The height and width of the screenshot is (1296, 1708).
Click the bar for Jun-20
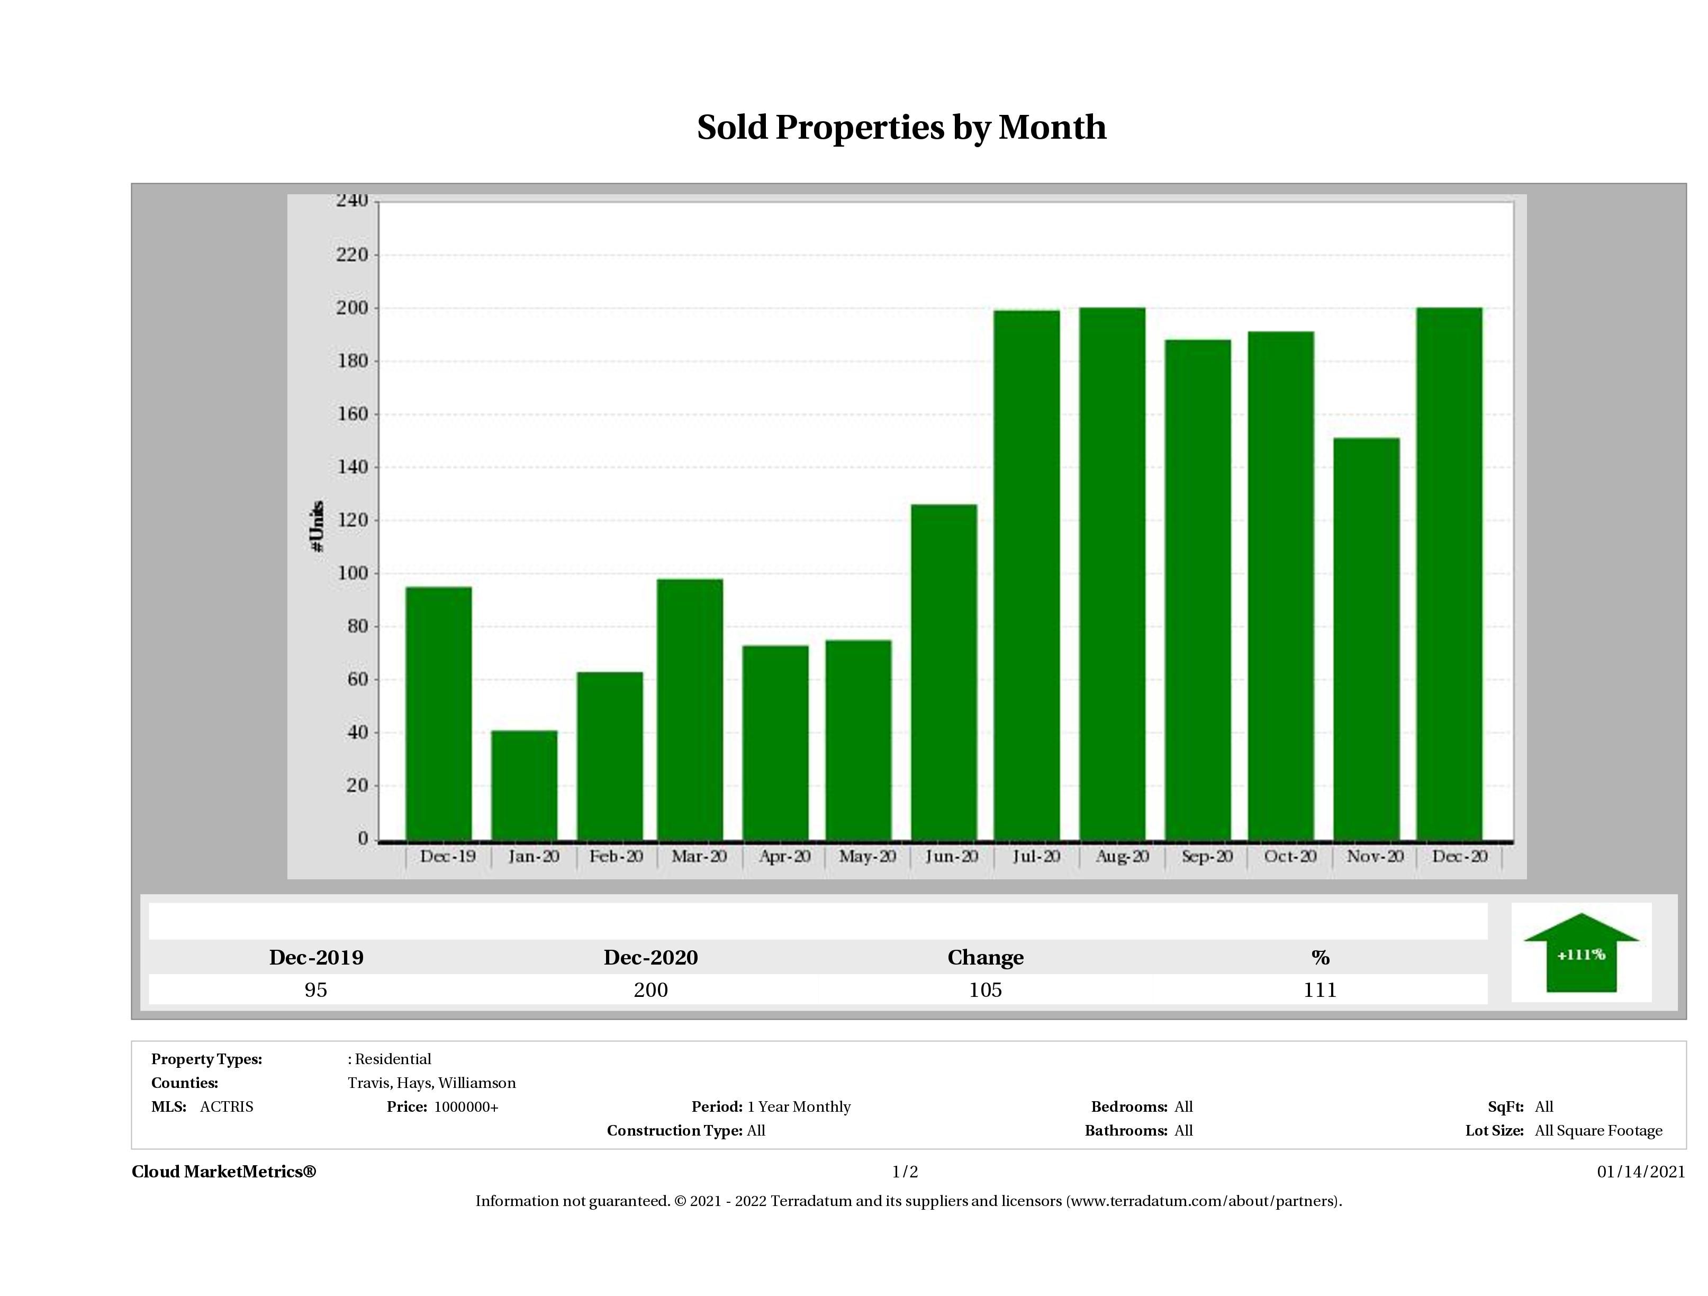944,672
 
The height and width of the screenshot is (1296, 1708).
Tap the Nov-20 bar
1366,638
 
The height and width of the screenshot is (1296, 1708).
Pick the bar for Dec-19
439,713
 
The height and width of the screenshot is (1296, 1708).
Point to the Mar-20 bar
690,709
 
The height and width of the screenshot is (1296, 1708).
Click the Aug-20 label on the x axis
1122,857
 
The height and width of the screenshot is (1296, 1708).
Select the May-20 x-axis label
867,857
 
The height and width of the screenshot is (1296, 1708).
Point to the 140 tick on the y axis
352,467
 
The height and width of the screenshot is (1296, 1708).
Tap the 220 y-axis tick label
352,255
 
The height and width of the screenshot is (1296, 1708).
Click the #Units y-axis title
317,526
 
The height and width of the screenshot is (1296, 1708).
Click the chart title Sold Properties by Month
901,128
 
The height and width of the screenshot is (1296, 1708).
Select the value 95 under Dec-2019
316,990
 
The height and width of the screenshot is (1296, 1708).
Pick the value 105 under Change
986,990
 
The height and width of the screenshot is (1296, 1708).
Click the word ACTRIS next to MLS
226,1107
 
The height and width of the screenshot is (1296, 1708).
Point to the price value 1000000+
466,1107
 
